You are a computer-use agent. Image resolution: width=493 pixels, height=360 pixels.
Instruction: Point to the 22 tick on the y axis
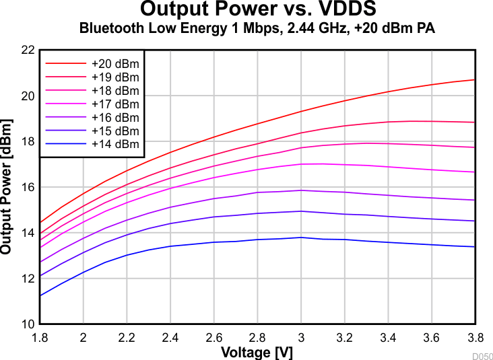point(28,50)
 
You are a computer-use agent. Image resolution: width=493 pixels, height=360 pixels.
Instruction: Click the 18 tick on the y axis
point(28,141)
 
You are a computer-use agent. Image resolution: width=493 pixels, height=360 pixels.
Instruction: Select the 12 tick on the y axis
point(28,279)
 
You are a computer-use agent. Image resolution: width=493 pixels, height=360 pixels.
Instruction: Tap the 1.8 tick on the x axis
point(40,336)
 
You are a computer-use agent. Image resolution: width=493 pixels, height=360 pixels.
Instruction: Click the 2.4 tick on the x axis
point(170,336)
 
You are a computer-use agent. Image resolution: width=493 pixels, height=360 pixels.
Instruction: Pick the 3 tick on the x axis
point(301,336)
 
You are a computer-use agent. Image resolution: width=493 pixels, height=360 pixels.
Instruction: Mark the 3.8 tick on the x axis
point(475,336)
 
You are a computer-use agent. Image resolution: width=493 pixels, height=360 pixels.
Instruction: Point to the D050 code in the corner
point(482,356)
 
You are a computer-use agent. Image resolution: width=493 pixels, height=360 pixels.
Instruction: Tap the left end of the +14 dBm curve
point(40,295)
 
